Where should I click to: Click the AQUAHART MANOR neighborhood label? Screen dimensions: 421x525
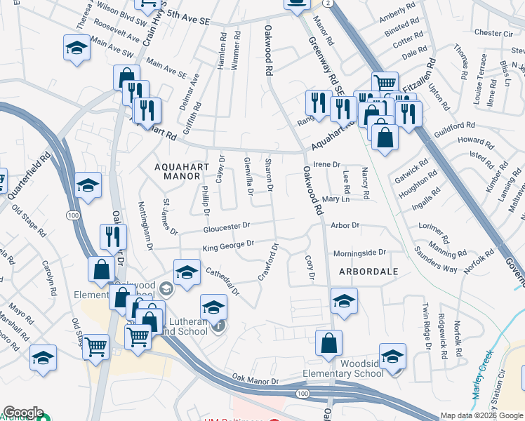[178, 171]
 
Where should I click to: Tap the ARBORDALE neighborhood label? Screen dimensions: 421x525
[368, 271]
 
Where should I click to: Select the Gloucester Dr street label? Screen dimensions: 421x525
[227, 227]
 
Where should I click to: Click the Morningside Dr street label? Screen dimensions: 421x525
[359, 253]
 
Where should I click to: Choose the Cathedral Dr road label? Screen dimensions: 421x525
[222, 281]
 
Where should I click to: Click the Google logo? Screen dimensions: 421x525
[23, 413]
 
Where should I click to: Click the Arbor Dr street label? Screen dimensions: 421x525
[345, 226]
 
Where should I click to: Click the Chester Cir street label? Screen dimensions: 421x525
[493, 33]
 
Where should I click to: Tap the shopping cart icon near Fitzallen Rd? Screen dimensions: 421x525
[385, 83]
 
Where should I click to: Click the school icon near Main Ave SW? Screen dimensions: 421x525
[77, 48]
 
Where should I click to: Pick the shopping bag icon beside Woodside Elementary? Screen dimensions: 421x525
[328, 344]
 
